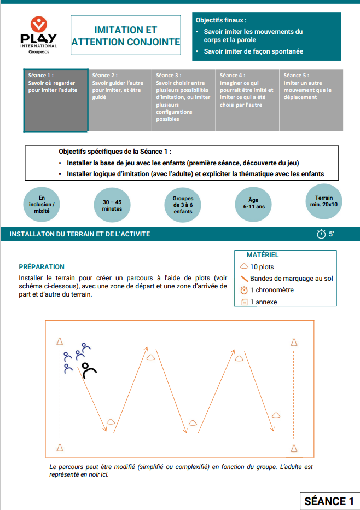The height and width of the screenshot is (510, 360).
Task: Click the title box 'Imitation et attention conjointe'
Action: click(x=125, y=36)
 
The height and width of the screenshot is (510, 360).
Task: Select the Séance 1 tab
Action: click(x=55, y=100)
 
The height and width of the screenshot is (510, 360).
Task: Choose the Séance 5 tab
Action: click(x=311, y=100)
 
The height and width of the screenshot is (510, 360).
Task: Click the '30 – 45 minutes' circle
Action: click(x=112, y=205)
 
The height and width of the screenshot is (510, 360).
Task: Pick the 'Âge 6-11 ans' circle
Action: click(x=253, y=204)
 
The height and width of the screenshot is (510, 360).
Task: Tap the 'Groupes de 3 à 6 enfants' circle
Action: click(x=183, y=205)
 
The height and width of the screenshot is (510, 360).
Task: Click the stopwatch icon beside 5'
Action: click(x=321, y=234)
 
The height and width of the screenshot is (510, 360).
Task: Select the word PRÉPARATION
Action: click(x=42, y=267)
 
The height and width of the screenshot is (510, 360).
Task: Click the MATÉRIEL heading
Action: click(x=263, y=255)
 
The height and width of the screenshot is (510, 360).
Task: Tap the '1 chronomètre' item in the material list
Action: click(x=271, y=290)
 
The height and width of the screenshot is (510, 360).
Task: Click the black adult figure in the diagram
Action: click(x=89, y=370)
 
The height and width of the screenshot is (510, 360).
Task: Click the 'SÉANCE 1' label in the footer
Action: click(x=328, y=501)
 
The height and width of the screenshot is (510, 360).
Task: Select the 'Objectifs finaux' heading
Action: click(x=221, y=20)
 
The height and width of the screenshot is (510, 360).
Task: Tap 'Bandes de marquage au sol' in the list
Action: click(x=291, y=279)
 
